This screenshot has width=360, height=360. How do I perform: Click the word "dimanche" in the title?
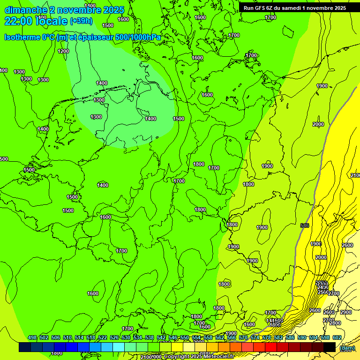point(25,10)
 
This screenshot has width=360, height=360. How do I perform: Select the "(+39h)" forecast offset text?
point(81,21)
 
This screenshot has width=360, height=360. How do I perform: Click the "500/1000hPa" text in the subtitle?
point(138,37)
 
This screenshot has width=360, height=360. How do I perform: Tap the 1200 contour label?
point(63,51)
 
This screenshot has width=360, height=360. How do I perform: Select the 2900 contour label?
point(345,312)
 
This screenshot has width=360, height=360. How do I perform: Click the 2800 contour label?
point(335,323)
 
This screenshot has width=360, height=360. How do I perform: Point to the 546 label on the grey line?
point(305,226)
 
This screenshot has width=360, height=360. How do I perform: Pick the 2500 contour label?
point(323,292)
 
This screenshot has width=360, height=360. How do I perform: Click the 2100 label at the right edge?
point(355,175)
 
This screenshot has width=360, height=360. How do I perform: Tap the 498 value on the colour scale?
point(32,337)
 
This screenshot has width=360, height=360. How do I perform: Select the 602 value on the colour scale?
point(337,337)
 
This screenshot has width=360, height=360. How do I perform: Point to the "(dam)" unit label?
point(347,348)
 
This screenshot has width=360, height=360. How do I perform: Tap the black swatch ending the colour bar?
point(330,347)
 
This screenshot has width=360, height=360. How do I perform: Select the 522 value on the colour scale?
point(103,337)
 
